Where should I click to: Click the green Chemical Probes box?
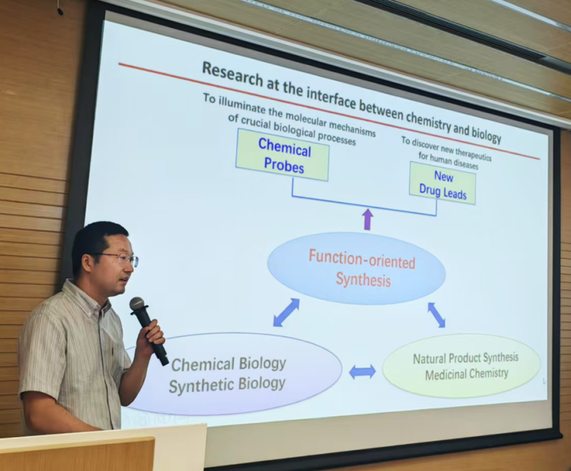pos(283,154)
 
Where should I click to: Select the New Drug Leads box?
pos(443,183)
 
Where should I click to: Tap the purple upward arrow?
pos(368,219)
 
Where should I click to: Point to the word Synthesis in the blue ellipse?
pos(363,279)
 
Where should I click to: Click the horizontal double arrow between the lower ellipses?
pos(362,372)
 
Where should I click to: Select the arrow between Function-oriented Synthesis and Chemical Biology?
pos(286,312)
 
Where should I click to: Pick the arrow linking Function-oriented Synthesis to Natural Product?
pos(436,315)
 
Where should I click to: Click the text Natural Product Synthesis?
pos(465,358)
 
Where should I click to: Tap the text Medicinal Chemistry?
pos(466,374)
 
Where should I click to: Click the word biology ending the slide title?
pos(486,134)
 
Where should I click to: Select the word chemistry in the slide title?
pos(429,121)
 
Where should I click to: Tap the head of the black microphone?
pos(137,305)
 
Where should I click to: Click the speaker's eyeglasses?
pos(118,259)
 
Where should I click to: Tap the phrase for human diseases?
pos(448,161)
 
